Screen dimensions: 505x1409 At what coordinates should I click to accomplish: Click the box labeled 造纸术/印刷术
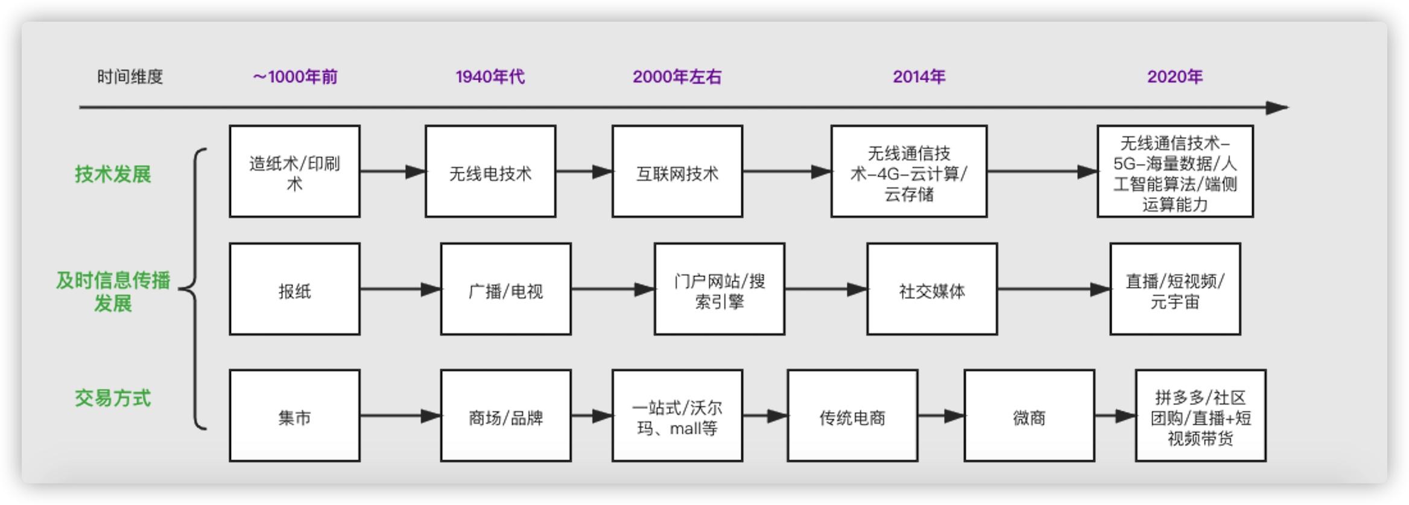pos(294,172)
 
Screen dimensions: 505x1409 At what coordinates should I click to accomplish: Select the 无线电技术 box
pos(490,172)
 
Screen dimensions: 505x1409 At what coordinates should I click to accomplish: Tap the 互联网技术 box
pos(677,172)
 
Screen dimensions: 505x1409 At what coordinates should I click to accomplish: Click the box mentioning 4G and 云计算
pos(908,172)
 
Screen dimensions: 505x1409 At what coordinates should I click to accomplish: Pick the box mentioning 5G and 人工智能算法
pos(1174,172)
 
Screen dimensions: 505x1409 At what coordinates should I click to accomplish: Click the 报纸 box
pos(294,289)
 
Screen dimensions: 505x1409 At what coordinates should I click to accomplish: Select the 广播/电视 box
pos(505,289)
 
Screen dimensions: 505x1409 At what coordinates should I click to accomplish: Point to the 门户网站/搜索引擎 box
pos(719,289)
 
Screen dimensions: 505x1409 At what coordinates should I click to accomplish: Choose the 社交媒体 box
pos(932,289)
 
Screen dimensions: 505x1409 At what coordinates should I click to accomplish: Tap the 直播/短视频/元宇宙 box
pos(1174,289)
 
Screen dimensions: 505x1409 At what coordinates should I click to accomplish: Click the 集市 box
pos(294,416)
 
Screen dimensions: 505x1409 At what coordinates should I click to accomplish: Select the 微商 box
pos(1029,416)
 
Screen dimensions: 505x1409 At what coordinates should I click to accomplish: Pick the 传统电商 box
pos(852,416)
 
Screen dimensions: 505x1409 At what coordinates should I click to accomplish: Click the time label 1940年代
pos(490,77)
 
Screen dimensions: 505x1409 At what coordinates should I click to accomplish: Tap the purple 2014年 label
pos(919,77)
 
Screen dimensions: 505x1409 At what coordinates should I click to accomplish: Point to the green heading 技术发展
pos(113,174)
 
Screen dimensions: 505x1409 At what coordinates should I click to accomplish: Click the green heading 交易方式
pos(113,398)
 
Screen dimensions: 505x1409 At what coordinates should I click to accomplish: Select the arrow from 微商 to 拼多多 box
pos(1116,416)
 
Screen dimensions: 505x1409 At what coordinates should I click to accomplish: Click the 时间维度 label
pos(130,77)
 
